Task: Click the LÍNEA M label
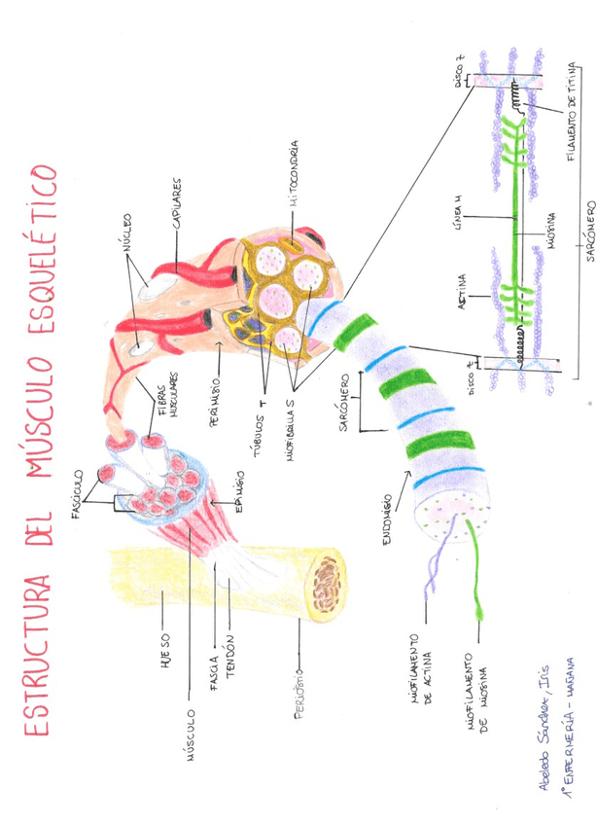[x=459, y=233]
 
